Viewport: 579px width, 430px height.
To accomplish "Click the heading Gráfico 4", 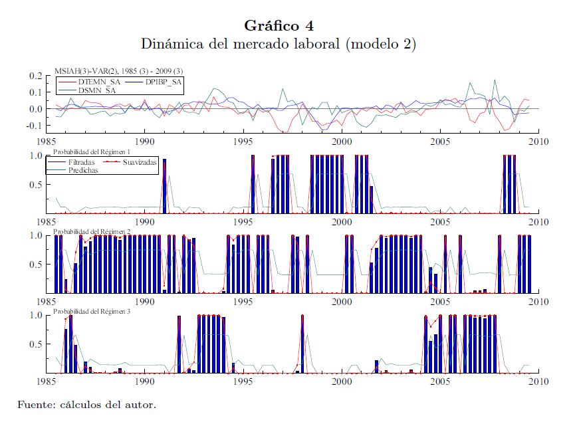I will tap(279, 26).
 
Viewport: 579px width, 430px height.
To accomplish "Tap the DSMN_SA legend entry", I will tap(98, 90).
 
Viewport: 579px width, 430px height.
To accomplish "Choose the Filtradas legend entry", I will tap(82, 162).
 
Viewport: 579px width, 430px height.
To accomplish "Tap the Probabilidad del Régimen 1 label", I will tap(92, 152).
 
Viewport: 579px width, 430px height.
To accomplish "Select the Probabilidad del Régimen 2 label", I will tap(92, 231).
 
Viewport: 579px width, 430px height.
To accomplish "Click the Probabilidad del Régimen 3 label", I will tap(92, 311).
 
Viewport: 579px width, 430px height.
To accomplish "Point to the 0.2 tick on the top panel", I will tap(35, 76).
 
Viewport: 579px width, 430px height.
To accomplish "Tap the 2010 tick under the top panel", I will tap(538, 141).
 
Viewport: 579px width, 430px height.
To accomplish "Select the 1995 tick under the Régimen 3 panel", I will tap(243, 381).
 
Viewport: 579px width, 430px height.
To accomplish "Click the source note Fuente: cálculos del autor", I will tap(86, 405).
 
